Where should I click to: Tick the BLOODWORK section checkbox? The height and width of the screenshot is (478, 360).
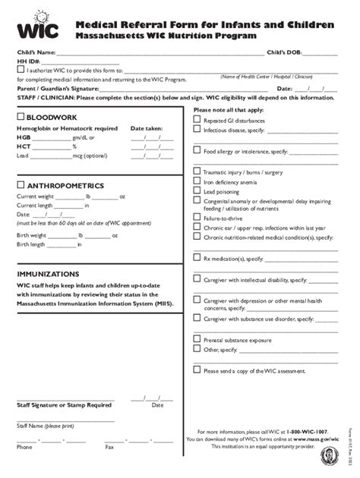click(21, 118)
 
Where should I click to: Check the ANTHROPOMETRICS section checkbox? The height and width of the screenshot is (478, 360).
click(21, 185)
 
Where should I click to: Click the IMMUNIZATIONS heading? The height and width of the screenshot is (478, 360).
click(48, 273)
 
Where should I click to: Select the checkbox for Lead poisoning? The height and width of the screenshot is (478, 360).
click(197, 192)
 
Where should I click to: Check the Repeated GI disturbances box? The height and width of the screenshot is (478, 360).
click(197, 121)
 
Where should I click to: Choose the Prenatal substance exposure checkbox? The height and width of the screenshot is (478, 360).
click(197, 340)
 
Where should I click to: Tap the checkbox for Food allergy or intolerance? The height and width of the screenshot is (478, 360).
click(197, 152)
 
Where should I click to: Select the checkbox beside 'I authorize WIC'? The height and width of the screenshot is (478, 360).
click(21, 70)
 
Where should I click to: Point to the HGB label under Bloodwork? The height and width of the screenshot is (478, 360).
click(24, 137)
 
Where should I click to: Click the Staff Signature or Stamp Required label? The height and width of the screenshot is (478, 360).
click(64, 405)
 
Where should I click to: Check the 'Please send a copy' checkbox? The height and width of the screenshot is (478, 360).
click(197, 370)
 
